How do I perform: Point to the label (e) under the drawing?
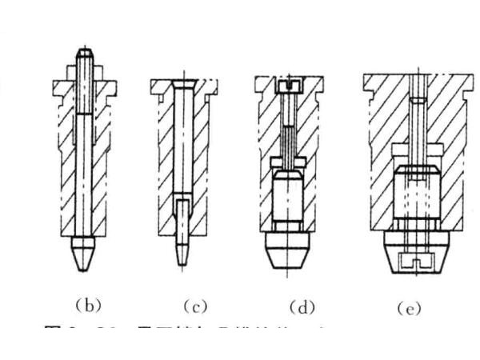pyautogui.click(x=410, y=306)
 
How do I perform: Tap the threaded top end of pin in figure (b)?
pyautogui.click(x=84, y=60)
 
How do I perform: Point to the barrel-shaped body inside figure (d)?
pyautogui.click(x=288, y=200)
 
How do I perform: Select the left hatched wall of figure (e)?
pyautogui.click(x=380, y=160)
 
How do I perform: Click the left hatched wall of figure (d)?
pyautogui.click(x=266, y=160)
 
